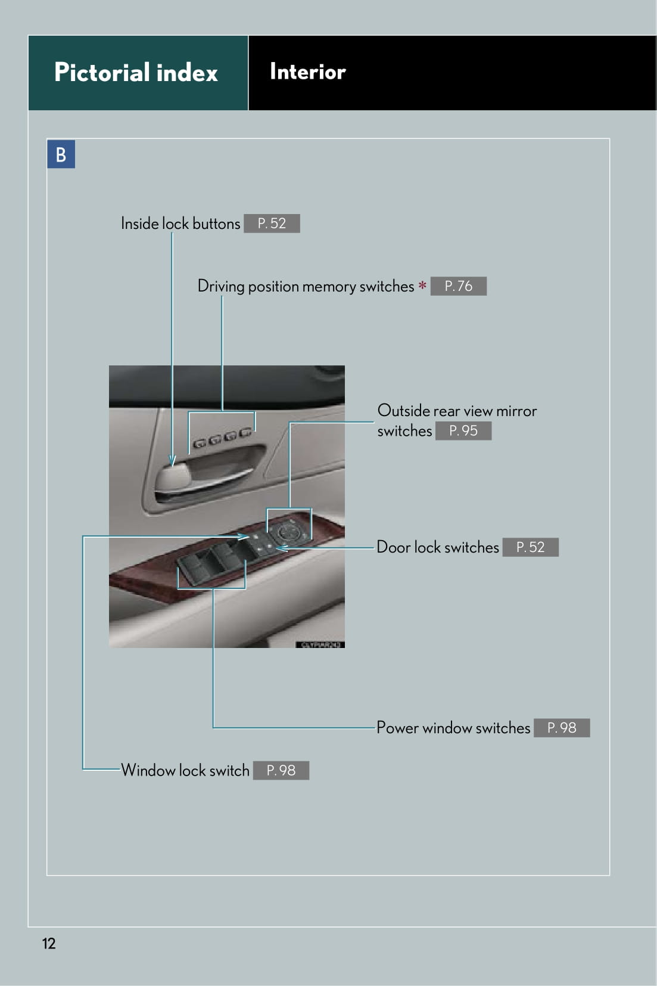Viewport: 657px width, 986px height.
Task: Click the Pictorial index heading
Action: tap(136, 73)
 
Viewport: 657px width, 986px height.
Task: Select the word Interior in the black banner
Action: tap(307, 72)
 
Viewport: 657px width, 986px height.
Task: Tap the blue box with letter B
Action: tap(61, 154)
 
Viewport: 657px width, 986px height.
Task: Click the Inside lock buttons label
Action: tap(180, 224)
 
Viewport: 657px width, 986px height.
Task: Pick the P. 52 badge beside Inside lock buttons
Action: tap(272, 224)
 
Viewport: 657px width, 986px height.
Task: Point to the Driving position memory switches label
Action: tap(305, 286)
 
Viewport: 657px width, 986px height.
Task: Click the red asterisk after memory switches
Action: tap(422, 286)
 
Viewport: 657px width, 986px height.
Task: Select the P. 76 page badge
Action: tap(458, 286)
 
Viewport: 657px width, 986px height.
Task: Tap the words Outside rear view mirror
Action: tap(457, 411)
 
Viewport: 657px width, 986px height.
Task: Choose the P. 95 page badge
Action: tap(463, 430)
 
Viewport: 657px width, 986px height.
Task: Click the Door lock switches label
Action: tap(437, 547)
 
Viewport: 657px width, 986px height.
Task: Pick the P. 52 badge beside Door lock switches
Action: tap(530, 547)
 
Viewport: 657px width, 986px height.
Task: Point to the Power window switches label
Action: tap(453, 728)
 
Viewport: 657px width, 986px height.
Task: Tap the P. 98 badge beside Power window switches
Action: tap(561, 728)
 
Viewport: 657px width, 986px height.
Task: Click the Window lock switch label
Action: tap(185, 770)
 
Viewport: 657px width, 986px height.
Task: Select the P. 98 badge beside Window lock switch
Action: tap(281, 770)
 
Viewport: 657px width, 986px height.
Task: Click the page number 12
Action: tap(49, 943)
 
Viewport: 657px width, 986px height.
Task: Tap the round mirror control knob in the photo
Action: tap(289, 530)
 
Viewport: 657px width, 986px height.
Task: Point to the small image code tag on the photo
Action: tap(320, 644)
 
